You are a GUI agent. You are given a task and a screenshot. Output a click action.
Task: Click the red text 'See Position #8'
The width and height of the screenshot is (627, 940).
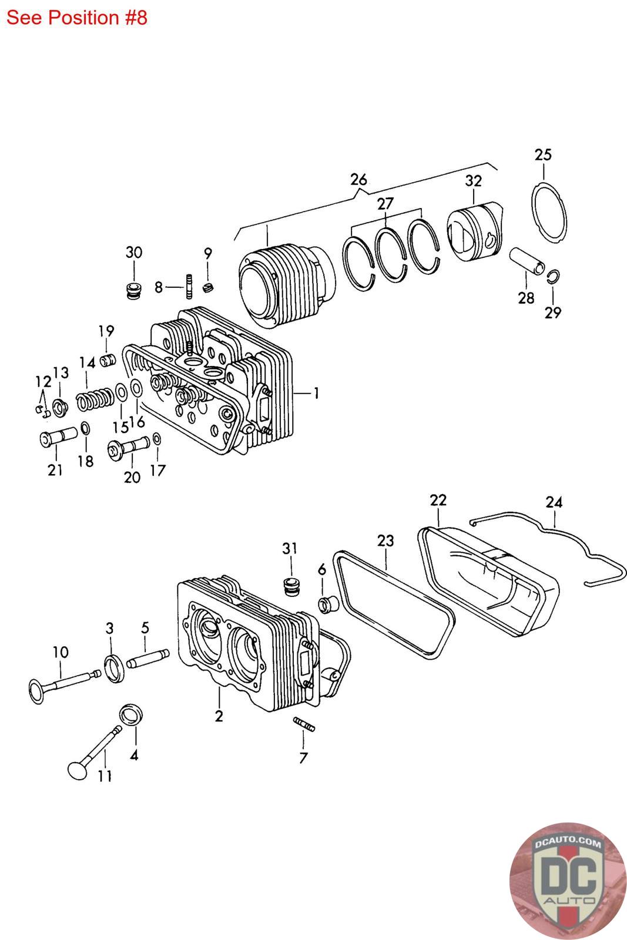click(76, 18)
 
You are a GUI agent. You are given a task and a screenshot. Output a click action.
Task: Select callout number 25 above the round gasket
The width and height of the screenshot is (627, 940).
click(543, 155)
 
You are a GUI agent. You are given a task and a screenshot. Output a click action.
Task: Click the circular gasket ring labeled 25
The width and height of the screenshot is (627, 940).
click(551, 212)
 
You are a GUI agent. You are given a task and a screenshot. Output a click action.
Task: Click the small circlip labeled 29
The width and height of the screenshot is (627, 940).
click(553, 277)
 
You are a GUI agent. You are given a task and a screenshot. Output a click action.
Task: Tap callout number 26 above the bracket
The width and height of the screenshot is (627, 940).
click(358, 179)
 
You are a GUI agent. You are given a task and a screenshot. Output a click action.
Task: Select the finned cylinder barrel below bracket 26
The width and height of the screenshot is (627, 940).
click(286, 288)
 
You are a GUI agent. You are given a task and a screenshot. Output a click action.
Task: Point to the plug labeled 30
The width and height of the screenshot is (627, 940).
click(134, 290)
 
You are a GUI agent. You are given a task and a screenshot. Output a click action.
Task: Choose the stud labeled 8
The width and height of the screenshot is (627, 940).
click(189, 287)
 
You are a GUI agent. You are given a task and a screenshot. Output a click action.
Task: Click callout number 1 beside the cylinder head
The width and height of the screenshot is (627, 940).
click(316, 393)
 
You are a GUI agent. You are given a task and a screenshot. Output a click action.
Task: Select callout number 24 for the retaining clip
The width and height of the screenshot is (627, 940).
click(554, 502)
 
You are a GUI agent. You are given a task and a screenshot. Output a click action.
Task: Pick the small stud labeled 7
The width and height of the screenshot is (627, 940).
click(304, 724)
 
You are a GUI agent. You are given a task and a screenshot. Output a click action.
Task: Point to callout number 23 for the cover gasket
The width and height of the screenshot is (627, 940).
click(385, 540)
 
